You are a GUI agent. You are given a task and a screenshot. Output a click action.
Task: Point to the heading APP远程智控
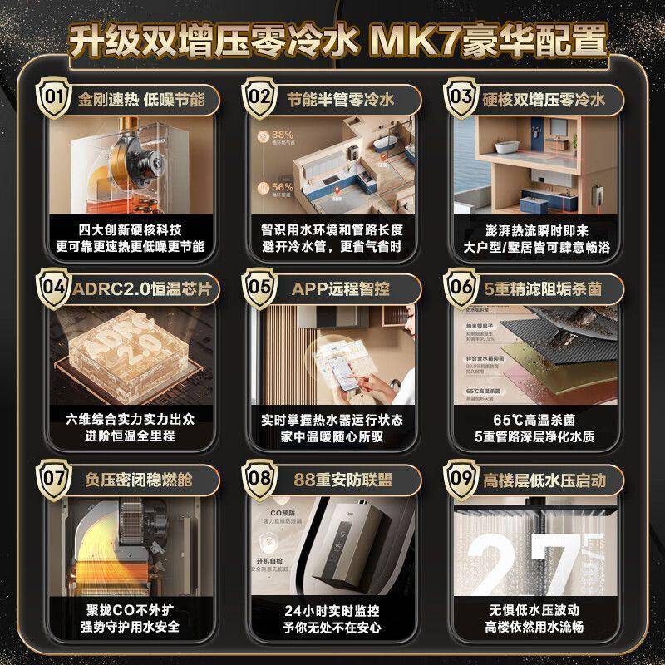pyautogui.click(x=341, y=288)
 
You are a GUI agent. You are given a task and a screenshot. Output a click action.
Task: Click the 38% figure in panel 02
pyautogui.click(x=281, y=135)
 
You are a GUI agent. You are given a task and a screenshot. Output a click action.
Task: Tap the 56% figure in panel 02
pyautogui.click(x=281, y=187)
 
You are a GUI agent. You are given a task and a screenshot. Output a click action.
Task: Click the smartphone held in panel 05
pyautogui.click(x=341, y=365)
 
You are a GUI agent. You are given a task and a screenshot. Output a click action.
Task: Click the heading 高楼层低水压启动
pyautogui.click(x=544, y=480)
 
